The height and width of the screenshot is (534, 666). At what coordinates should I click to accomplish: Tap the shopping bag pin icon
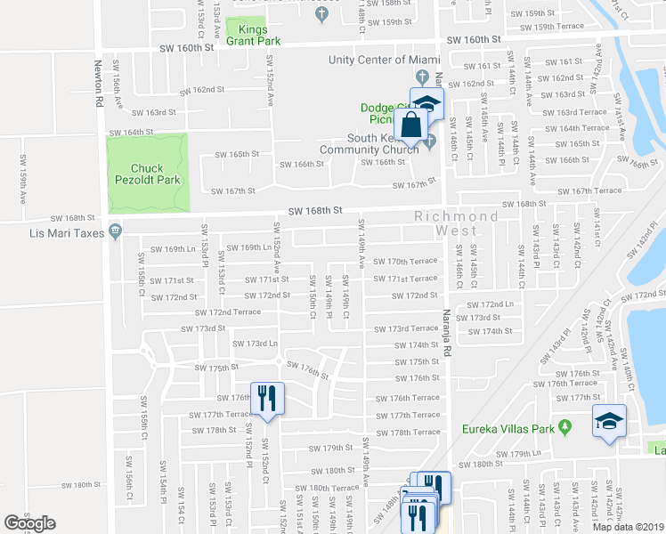(x=411, y=127)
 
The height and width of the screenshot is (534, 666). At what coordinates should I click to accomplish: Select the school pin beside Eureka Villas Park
(x=609, y=420)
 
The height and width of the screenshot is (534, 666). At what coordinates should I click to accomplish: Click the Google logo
(x=29, y=523)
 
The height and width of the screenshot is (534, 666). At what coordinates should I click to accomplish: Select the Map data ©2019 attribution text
(x=627, y=527)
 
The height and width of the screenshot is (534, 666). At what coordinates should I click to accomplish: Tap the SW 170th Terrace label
(x=406, y=262)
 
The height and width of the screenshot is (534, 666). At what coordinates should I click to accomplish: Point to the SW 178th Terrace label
(x=408, y=433)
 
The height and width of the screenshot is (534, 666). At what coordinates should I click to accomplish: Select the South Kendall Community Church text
(x=382, y=143)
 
